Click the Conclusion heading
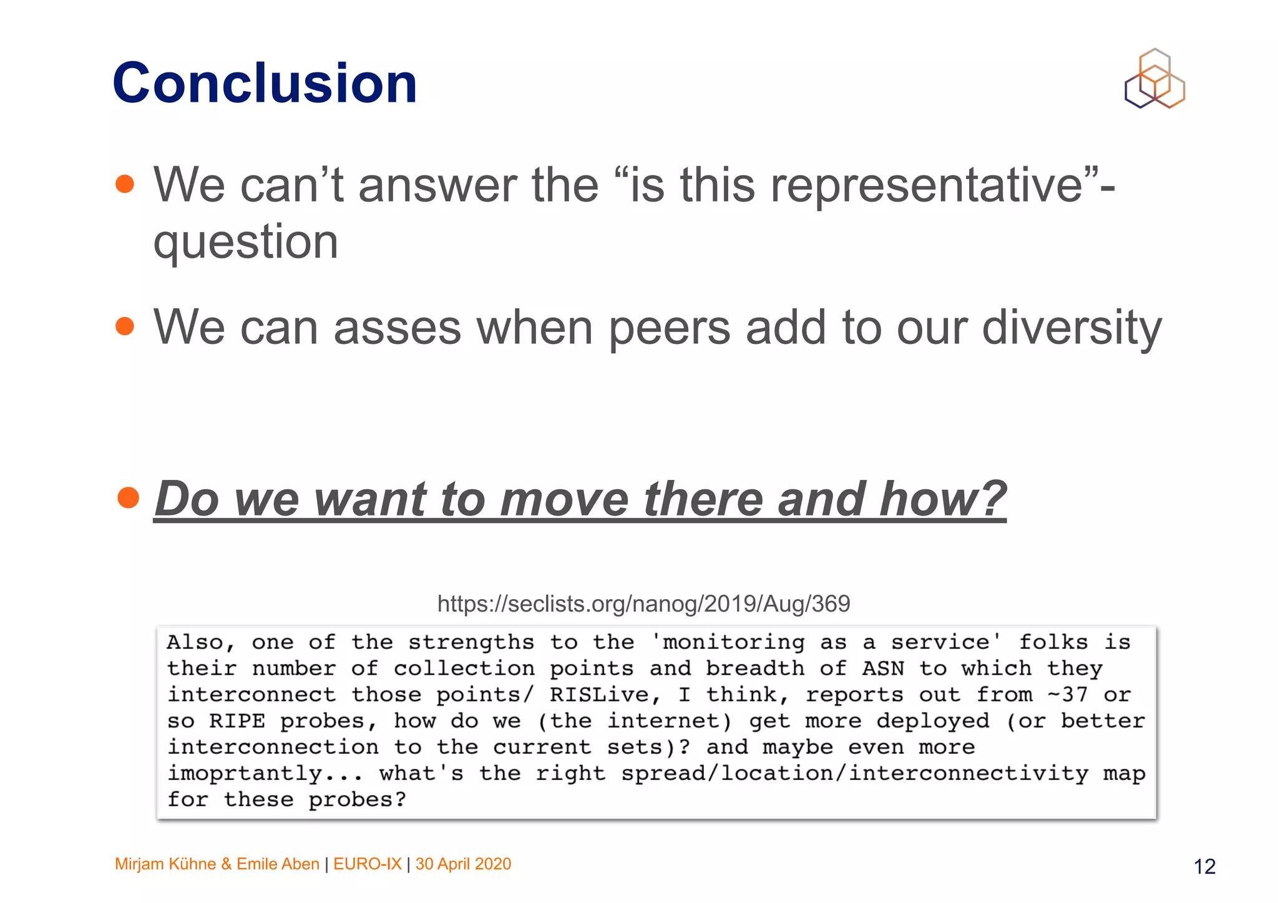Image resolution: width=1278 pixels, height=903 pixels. (265, 84)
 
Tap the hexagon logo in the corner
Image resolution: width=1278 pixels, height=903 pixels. (1154, 79)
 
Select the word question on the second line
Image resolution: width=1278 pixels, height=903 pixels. (246, 242)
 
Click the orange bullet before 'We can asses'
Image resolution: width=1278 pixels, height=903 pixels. (125, 326)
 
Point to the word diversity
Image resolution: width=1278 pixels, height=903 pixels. (1071, 328)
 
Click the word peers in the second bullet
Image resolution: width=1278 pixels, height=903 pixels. (669, 328)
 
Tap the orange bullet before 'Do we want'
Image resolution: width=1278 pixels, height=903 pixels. (128, 498)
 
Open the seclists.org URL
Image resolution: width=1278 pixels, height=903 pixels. (643, 603)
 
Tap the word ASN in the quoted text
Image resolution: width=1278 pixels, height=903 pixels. (882, 668)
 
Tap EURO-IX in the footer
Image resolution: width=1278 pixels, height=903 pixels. (368, 864)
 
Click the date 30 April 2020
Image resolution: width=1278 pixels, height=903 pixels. (463, 864)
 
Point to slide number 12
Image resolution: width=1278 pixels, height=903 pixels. (1204, 866)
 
